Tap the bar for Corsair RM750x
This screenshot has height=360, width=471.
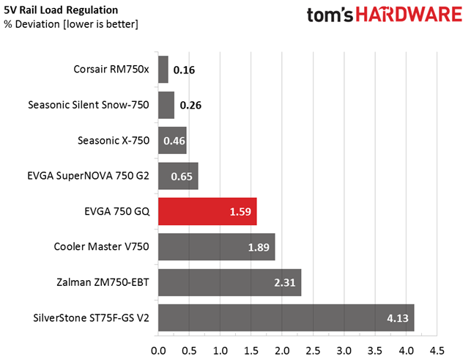click(163, 70)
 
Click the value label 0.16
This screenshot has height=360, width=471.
click(185, 71)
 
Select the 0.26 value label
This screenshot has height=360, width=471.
click(191, 106)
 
